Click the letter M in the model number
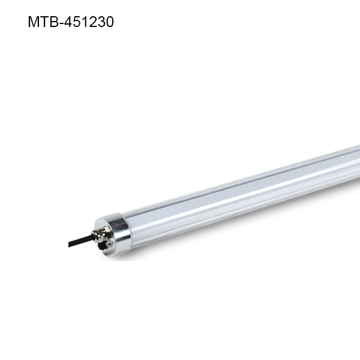pyautogui.click(x=34, y=22)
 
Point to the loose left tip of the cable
pyautogui.click(x=70, y=244)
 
